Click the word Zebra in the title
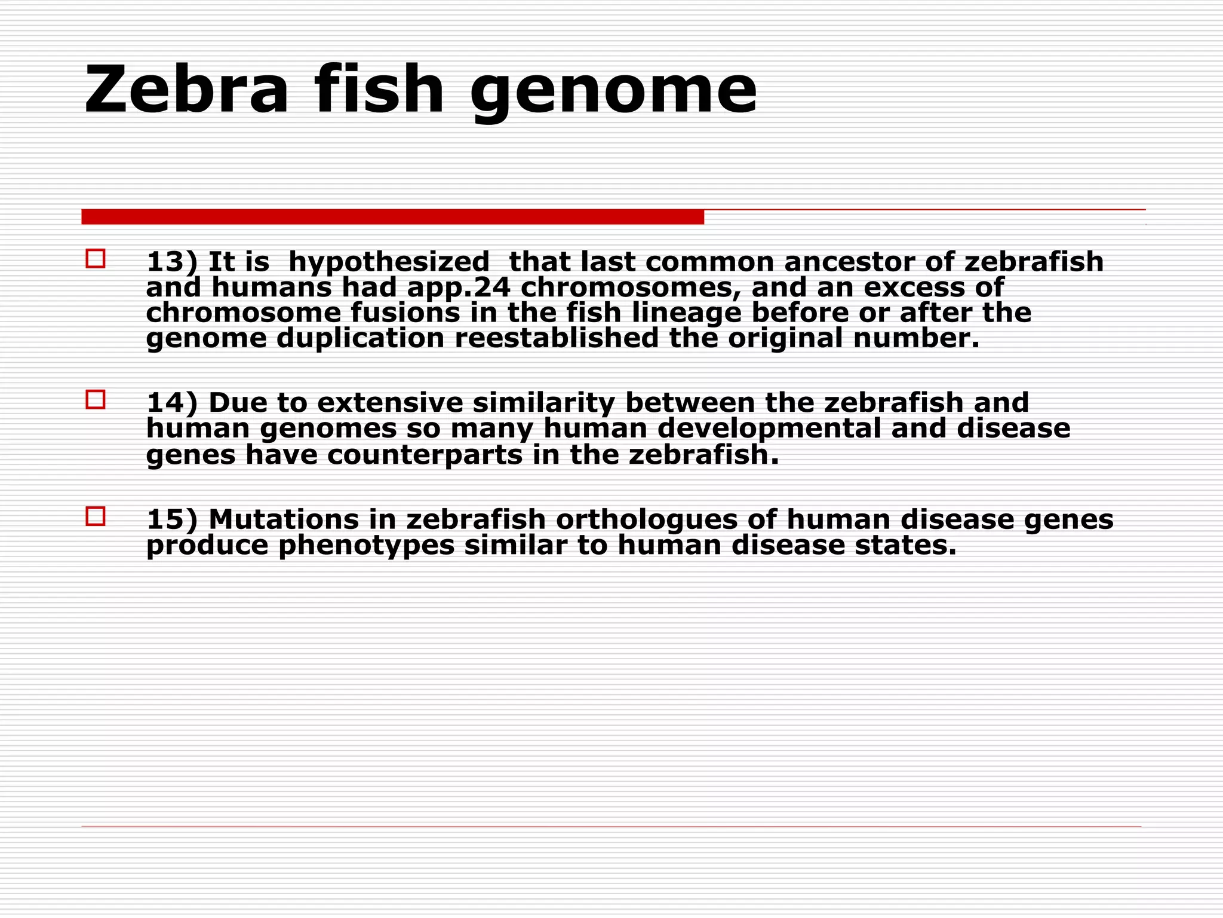pyautogui.click(x=186, y=90)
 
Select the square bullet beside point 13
pyautogui.click(x=96, y=259)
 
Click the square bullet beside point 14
pyautogui.click(x=96, y=399)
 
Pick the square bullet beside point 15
pyautogui.click(x=96, y=516)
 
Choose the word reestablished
pyautogui.click(x=557, y=338)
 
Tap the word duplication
pyautogui.click(x=360, y=339)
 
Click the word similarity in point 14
pyautogui.click(x=543, y=403)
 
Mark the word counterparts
pyautogui.click(x=425, y=455)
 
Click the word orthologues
pyautogui.click(x=647, y=520)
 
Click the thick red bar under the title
pyautogui.click(x=392, y=216)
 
